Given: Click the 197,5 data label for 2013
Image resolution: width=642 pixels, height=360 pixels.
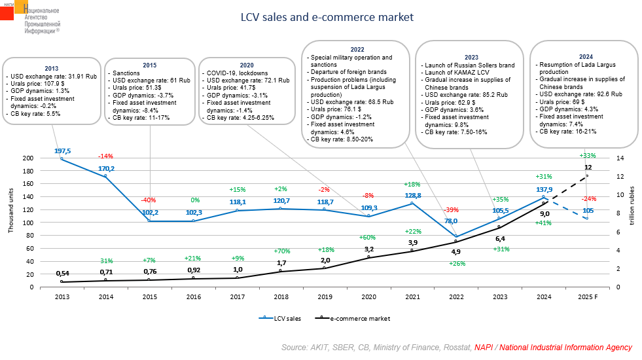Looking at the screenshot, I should click(x=62, y=151).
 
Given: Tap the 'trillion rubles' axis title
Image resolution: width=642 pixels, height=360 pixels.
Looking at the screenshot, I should click(x=632, y=206).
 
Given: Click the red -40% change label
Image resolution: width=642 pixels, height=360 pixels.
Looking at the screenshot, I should click(x=149, y=200).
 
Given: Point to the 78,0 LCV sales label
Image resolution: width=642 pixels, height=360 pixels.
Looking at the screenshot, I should click(x=451, y=221).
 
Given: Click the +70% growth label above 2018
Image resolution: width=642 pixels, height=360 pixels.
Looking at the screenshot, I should click(x=281, y=250).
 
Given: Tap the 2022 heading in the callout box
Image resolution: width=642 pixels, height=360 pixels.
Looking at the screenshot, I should click(x=357, y=50).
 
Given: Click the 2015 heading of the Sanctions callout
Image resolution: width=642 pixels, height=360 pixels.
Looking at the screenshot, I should click(x=150, y=65).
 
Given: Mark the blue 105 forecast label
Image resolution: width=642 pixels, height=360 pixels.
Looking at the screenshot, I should click(x=588, y=210).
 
